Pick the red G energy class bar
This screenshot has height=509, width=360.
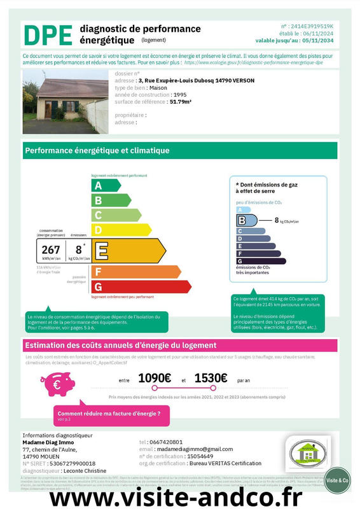coord(141,287)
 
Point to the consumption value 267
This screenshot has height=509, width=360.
coord(50,250)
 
